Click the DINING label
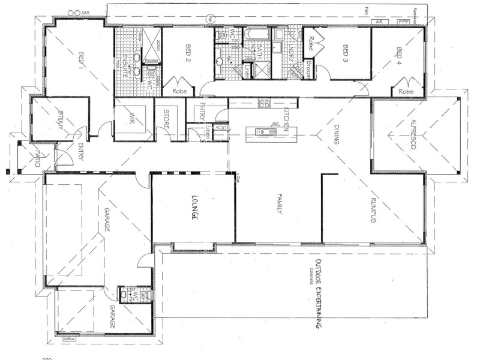point(336,134)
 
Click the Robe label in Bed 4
point(406,91)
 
